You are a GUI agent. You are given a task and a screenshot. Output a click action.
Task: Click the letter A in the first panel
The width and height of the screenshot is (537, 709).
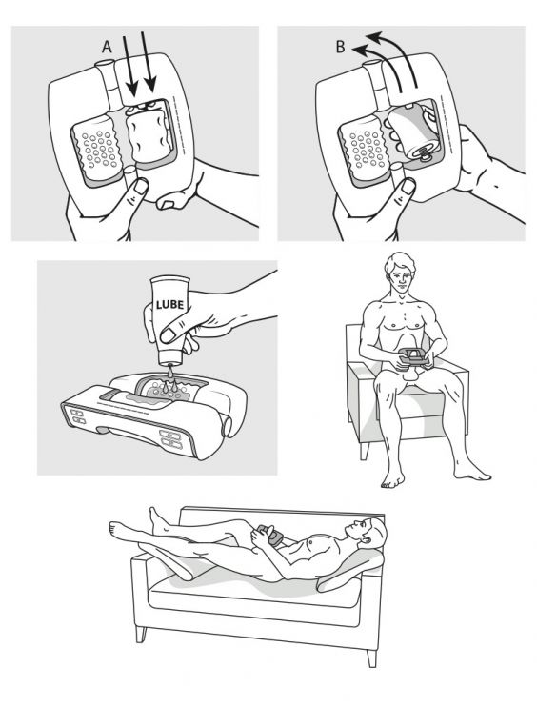coord(107,47)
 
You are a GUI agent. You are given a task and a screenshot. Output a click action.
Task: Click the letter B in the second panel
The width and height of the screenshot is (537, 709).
coord(341,47)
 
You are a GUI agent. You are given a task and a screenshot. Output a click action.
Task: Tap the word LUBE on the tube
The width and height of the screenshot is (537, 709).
coord(169,303)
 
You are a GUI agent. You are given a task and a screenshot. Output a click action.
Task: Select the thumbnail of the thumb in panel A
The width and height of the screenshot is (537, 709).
coord(141,186)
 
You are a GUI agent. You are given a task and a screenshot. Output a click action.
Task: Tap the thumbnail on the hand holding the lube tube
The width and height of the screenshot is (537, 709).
coord(169,335)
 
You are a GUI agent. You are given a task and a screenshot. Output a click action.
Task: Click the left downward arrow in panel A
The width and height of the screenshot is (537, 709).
coord(130,65)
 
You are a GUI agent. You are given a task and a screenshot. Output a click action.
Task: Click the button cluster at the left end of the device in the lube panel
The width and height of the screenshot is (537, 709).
coord(77,416)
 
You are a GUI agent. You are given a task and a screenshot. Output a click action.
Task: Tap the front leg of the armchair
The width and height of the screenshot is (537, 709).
coord(366,451)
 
